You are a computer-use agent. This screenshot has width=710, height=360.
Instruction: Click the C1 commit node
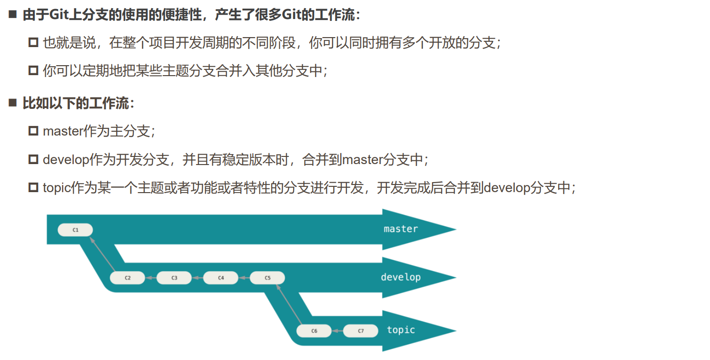click(75, 230)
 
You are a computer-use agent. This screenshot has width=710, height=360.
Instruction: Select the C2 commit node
click(128, 278)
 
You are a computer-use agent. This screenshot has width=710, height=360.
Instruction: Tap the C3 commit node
click(174, 278)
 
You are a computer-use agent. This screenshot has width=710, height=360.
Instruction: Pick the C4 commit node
click(221, 278)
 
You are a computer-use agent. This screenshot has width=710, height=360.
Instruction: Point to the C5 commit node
click(267, 278)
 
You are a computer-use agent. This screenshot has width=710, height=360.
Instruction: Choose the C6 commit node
click(314, 331)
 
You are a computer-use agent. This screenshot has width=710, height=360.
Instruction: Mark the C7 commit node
click(361, 331)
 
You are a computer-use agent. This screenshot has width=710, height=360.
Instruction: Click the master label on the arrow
click(401, 229)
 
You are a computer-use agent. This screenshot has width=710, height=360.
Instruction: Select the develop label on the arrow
click(401, 277)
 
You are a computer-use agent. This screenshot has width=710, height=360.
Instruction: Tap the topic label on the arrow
click(401, 330)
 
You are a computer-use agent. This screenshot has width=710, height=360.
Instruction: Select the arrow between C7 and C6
click(337, 331)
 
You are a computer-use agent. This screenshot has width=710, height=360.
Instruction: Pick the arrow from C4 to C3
click(197, 278)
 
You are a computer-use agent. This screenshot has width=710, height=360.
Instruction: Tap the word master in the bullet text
click(63, 131)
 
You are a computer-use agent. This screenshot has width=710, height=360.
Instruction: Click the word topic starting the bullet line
click(57, 188)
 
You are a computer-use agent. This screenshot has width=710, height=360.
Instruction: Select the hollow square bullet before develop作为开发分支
click(33, 159)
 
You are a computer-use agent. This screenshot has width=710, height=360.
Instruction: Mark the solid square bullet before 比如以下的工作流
click(13, 103)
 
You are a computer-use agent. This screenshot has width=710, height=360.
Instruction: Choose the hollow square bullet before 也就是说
click(33, 43)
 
